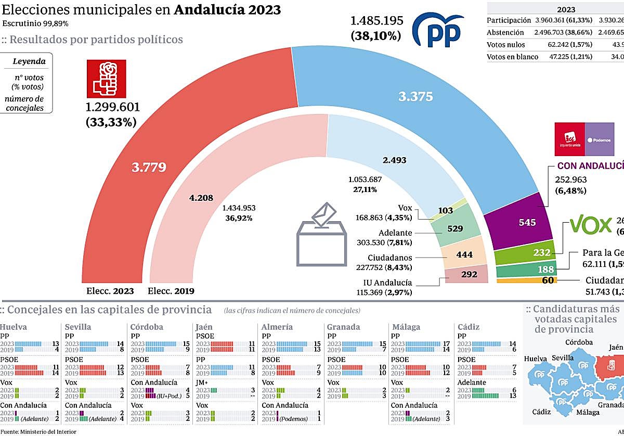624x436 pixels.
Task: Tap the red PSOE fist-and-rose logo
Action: click(x=106, y=79)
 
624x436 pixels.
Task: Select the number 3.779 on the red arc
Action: click(x=149, y=167)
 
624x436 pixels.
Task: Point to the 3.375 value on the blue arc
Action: click(x=415, y=96)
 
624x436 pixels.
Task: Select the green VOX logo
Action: click(x=590, y=225)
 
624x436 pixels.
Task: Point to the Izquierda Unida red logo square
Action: click(x=570, y=139)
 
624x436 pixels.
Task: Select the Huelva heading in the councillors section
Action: click(x=14, y=327)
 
